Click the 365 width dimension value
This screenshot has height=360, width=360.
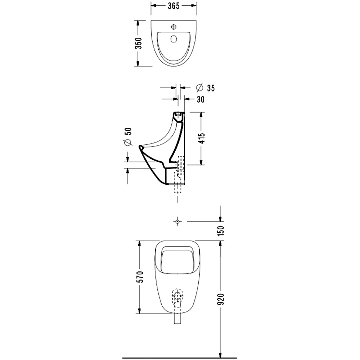click(174, 6)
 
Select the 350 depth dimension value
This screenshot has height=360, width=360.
click(139, 43)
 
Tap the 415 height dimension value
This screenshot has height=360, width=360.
click(201, 138)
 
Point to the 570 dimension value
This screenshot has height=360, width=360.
click(140, 277)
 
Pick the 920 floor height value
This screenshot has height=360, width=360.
click(221, 299)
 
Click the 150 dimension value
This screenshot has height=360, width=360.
click(221, 231)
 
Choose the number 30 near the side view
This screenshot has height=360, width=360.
click(201, 99)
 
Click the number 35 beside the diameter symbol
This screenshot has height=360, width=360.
click(211, 88)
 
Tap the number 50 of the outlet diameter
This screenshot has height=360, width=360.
click(129, 131)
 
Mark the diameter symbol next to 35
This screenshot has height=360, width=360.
click(200, 87)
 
